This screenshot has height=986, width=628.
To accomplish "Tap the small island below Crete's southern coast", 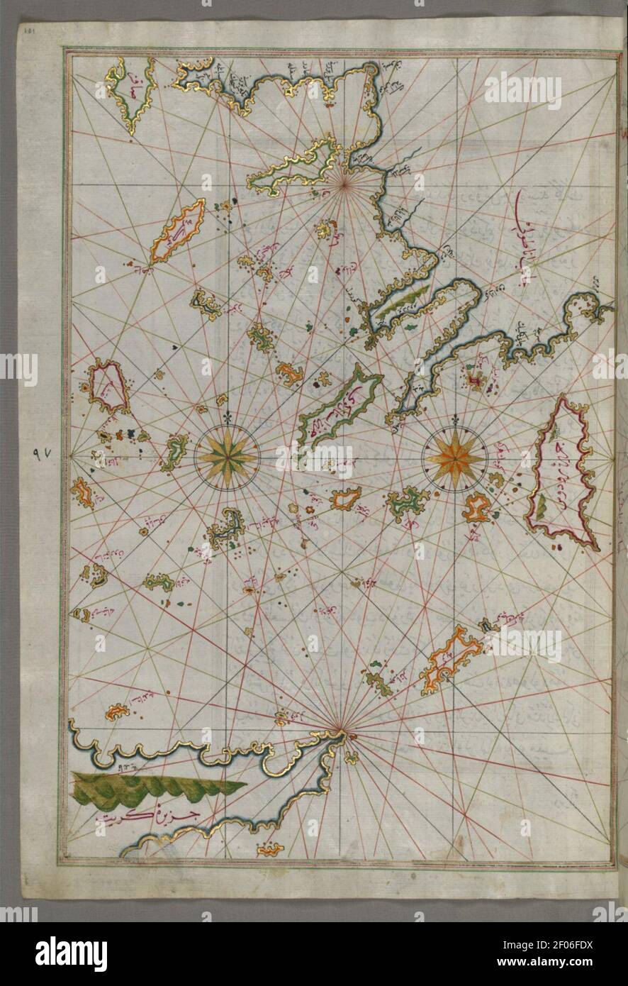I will [x=270, y=848].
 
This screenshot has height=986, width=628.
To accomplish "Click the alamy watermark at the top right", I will [x=522, y=91].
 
